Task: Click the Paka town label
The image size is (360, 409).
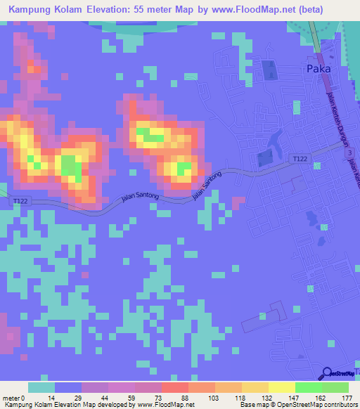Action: point(319,69)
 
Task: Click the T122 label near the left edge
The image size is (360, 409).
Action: point(22,202)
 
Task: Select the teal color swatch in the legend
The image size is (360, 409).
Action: point(41,387)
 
